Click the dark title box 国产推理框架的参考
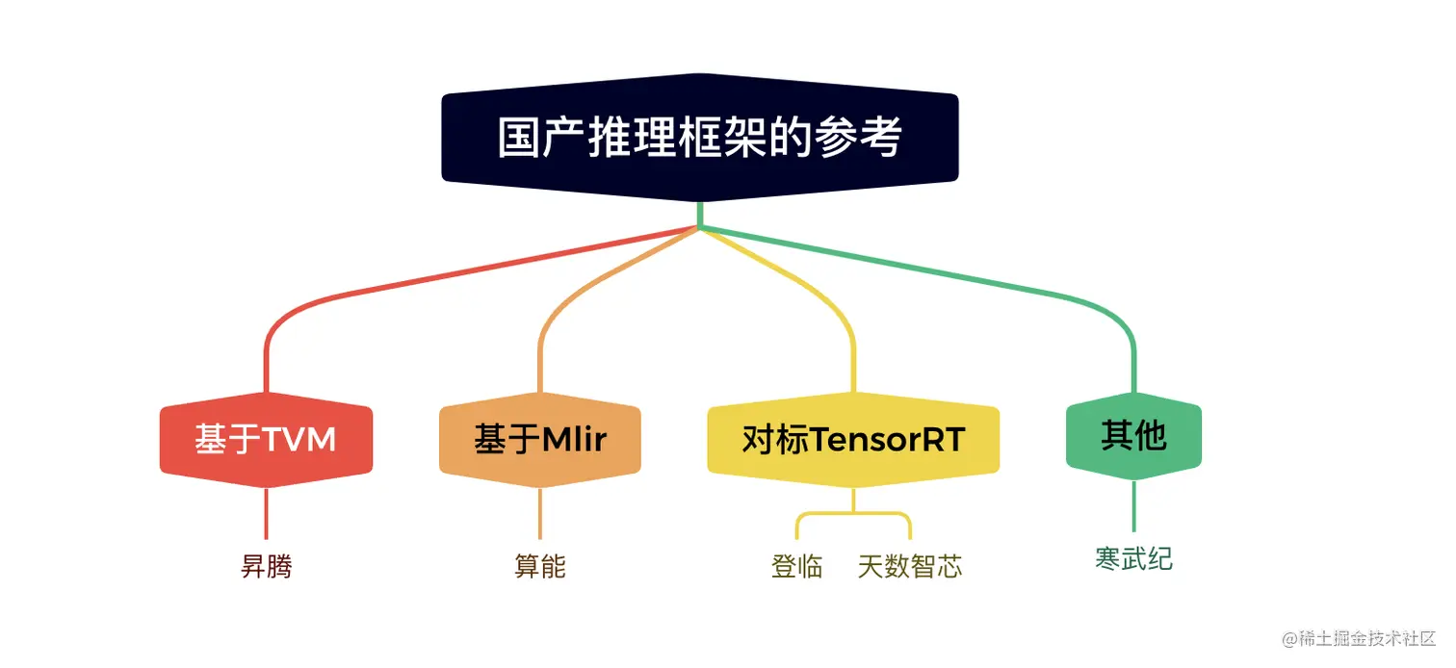(x=700, y=138)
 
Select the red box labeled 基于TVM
(x=266, y=440)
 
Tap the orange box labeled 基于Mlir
(x=540, y=440)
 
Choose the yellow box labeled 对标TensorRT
(x=853, y=440)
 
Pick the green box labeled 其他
(x=1133, y=436)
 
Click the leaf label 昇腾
(x=266, y=567)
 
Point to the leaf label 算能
(x=540, y=566)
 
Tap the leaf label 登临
(x=797, y=566)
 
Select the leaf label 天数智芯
(x=910, y=566)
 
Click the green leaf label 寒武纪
(x=1133, y=559)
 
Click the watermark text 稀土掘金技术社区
(x=1365, y=639)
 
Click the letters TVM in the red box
(x=299, y=440)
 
